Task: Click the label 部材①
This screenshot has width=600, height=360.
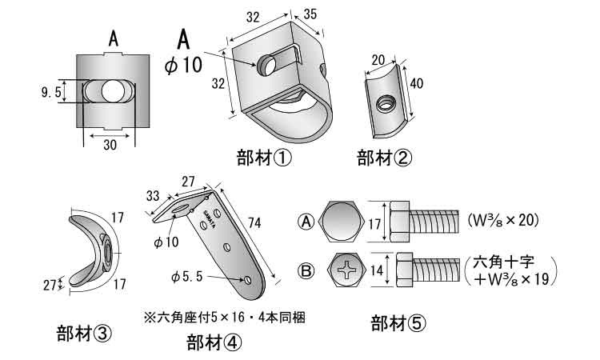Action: [x=263, y=157]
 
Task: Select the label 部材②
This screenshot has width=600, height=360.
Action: [x=384, y=157]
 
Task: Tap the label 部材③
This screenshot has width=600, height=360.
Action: [x=84, y=331]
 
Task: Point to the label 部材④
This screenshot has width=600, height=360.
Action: [x=214, y=342]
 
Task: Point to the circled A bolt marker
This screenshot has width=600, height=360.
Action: [x=307, y=220]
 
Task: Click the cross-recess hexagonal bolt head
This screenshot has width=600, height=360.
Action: [x=349, y=270]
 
